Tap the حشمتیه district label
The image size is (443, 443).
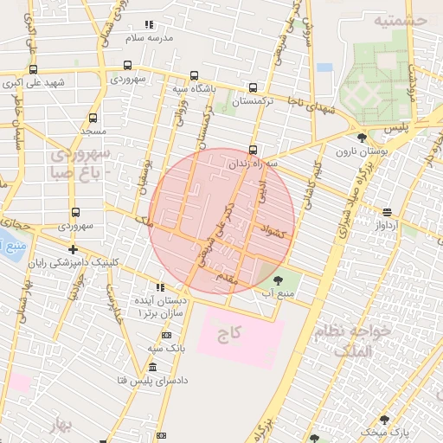tap(403, 18)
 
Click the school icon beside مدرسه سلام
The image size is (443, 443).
tap(149, 24)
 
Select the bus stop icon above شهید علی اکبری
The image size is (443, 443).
tap(33, 69)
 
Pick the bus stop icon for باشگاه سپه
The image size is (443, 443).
tap(194, 74)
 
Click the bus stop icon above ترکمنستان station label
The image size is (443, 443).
tap(253, 87)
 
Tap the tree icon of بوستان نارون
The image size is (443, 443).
tap(361, 137)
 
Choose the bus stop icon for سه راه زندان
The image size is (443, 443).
tap(253, 148)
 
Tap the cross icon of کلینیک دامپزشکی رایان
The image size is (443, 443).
tap(73, 250)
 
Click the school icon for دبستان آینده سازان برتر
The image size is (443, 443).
tap(159, 287)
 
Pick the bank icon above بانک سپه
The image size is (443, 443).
tap(166, 335)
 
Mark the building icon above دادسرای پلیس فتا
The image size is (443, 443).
tap(153, 368)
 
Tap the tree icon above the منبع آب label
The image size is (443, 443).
tap(277, 279)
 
